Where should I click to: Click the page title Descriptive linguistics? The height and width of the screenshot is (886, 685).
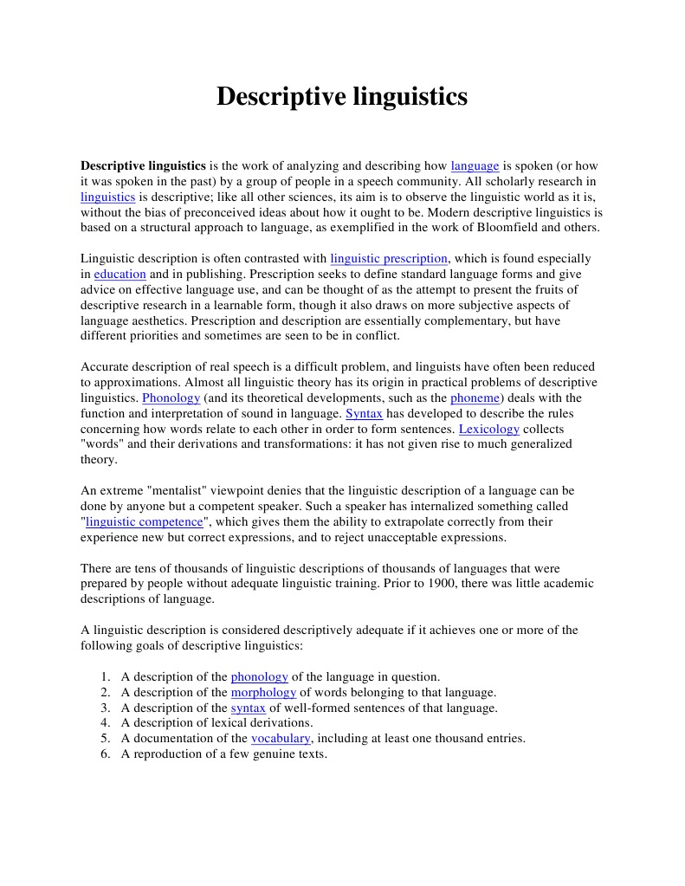(x=341, y=96)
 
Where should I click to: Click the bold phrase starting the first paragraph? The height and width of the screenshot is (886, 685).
(x=143, y=165)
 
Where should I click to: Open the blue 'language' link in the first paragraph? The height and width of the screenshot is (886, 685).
(x=475, y=165)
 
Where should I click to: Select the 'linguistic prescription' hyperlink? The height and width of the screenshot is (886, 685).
(x=389, y=258)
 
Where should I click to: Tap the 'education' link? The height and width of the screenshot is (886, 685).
(x=120, y=274)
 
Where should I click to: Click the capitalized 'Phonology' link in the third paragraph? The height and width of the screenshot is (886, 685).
(x=171, y=398)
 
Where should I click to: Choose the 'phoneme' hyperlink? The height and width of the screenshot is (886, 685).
(x=475, y=398)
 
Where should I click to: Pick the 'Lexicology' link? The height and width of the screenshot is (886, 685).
(x=489, y=429)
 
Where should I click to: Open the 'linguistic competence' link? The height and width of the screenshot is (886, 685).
(x=145, y=521)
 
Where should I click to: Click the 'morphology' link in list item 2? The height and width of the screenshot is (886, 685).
(x=263, y=692)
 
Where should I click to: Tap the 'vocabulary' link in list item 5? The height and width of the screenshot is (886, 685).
(x=281, y=738)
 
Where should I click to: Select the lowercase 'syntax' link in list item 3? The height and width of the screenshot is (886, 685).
(x=249, y=708)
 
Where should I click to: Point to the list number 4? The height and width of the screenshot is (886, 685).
(x=104, y=722)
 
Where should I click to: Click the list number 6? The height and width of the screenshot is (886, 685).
(x=104, y=753)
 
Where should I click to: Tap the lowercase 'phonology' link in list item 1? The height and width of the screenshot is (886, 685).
(x=259, y=676)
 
